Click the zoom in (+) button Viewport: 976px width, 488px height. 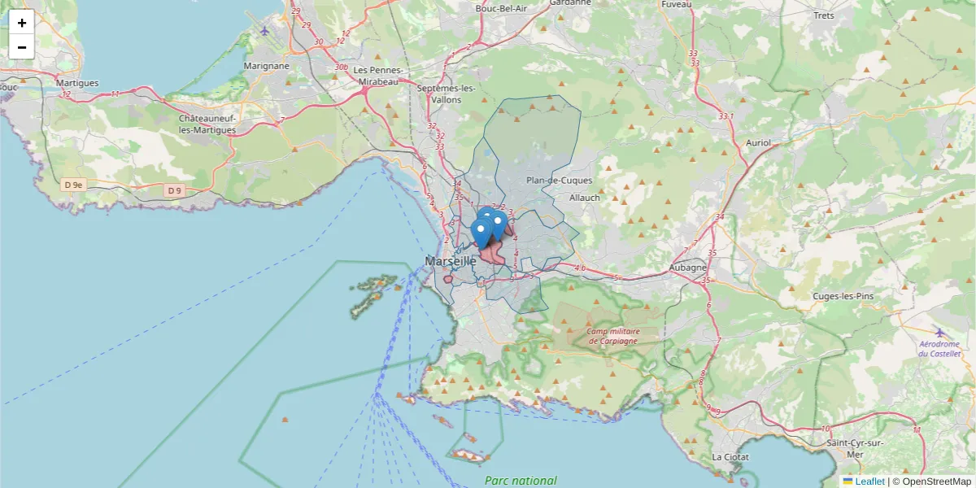pos(22,22)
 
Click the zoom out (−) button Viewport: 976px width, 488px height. pos(22,47)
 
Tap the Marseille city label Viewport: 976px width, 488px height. pos(450,262)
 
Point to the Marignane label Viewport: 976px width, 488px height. pos(266,66)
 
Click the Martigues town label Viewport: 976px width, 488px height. pos(77,83)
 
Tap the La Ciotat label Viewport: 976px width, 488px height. pos(730,457)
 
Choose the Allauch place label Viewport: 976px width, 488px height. pos(584,198)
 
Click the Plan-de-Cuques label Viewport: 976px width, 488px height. pos(560,181)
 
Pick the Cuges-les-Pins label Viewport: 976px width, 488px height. pos(843,297)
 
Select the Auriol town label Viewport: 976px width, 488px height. pos(757,143)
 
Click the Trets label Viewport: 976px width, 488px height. pos(824,15)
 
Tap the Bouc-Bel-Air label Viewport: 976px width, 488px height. pos(501,8)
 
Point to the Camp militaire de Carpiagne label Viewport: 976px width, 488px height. pos(614,336)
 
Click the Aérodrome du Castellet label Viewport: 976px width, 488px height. pos(939,348)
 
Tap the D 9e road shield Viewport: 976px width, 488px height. pos(73,185)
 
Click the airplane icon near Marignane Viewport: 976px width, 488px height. pos(265,31)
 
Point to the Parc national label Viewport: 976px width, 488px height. pos(521,481)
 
